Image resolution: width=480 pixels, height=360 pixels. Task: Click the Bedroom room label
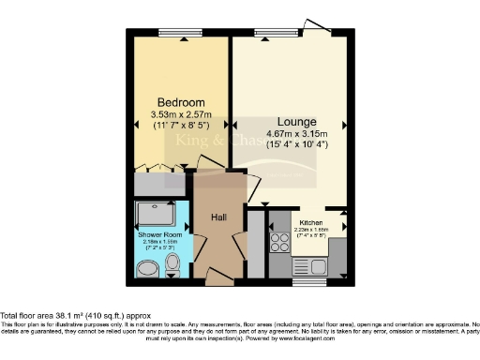[x=180, y=102]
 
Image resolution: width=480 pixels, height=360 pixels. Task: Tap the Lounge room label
[x=296, y=122]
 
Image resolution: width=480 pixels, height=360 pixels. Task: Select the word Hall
[x=218, y=217]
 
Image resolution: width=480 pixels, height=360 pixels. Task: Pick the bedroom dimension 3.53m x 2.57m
[x=180, y=114]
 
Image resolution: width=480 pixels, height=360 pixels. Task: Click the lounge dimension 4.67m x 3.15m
[x=296, y=135]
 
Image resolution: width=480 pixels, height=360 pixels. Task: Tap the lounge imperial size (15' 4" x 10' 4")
[x=296, y=146]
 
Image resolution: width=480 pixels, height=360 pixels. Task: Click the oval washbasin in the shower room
[x=147, y=272]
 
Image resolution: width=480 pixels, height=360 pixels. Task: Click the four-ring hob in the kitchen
[x=278, y=242]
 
